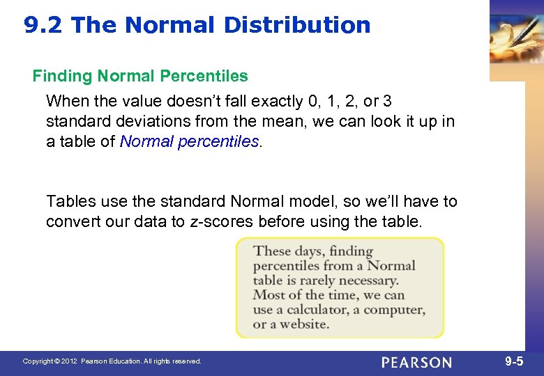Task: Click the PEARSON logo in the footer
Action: (416, 362)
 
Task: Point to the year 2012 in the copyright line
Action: (68, 361)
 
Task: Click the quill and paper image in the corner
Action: (516, 38)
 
